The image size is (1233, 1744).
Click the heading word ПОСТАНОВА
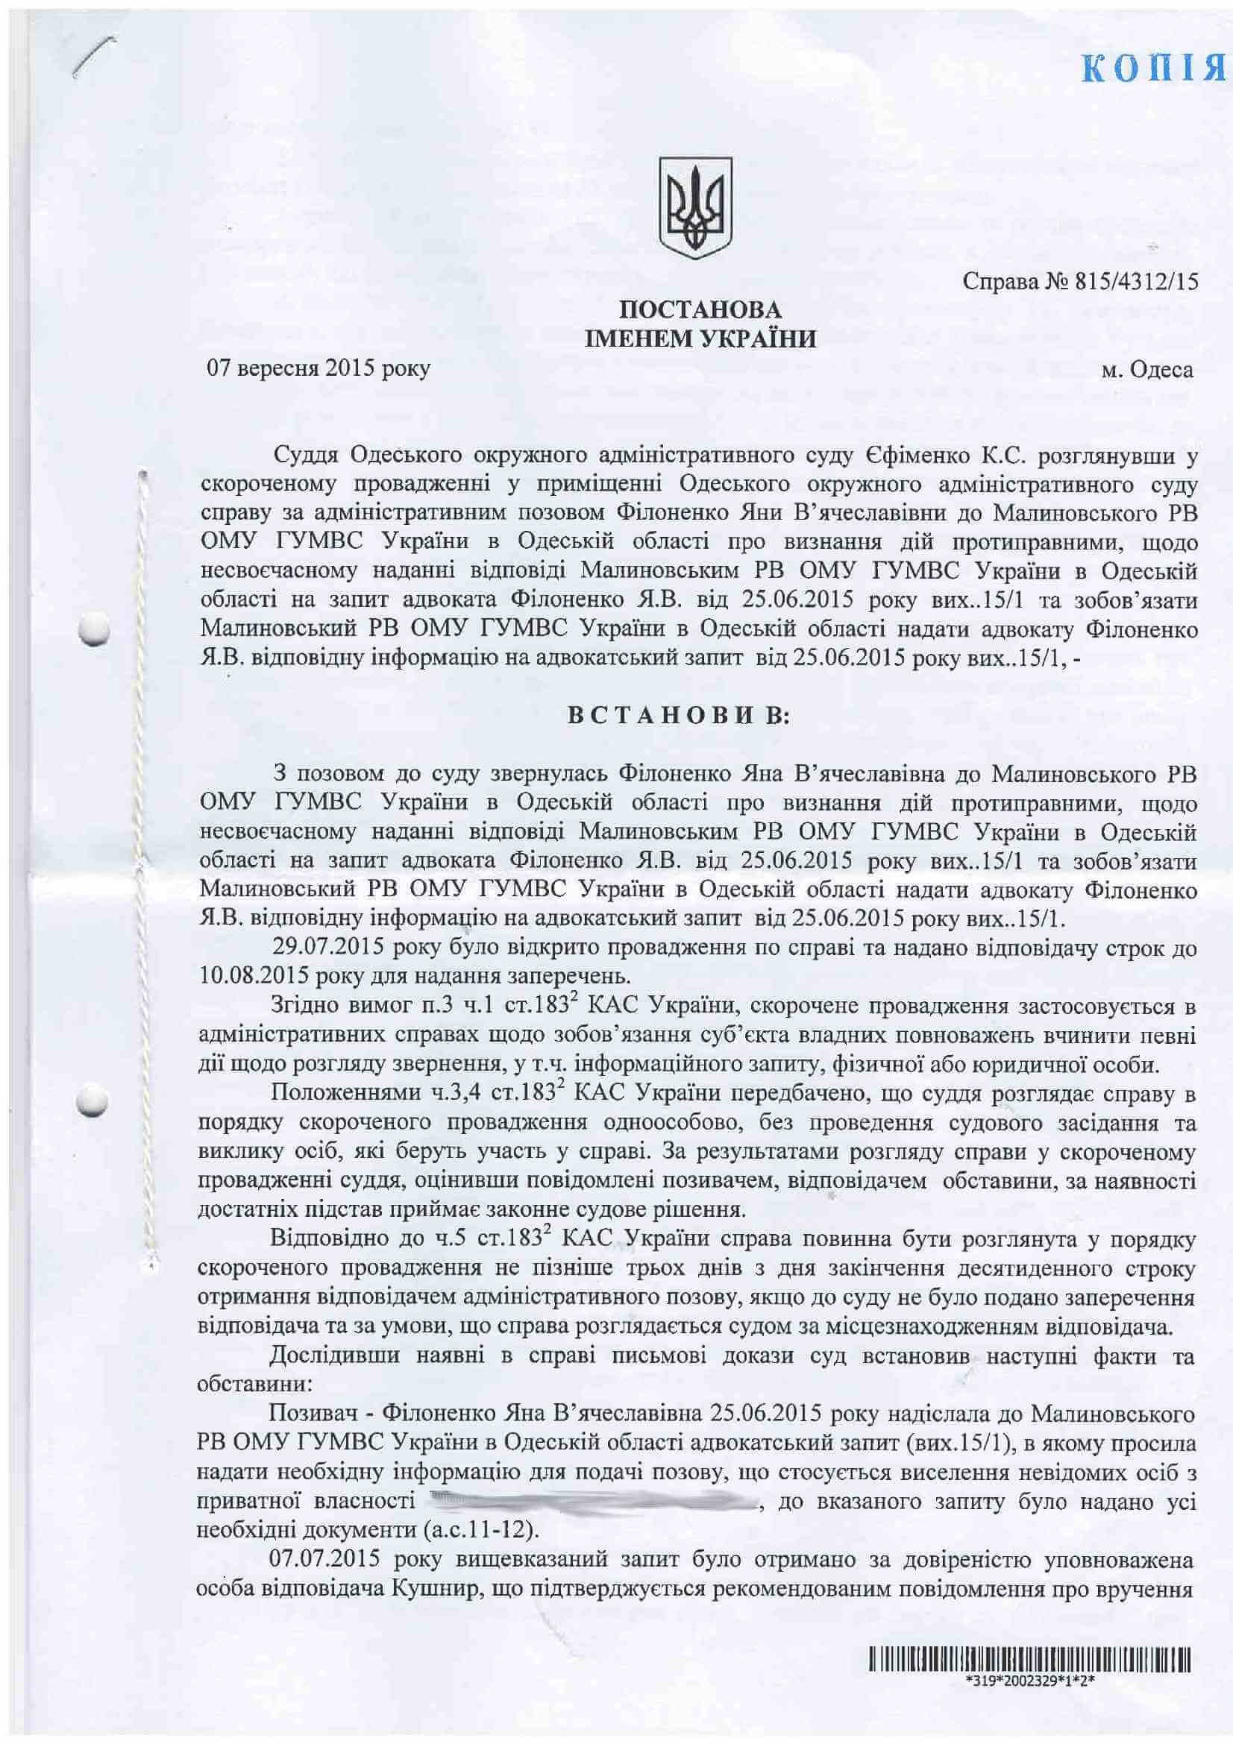coord(700,309)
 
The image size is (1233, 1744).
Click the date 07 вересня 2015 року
coord(319,370)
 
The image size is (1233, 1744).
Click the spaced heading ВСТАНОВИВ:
coord(680,720)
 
